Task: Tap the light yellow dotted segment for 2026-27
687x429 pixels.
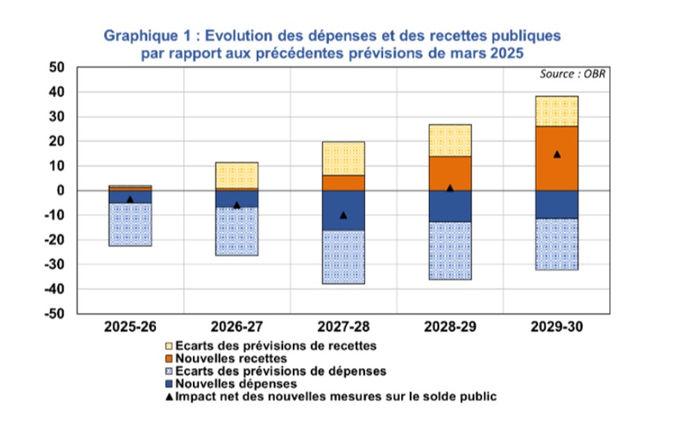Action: pyautogui.click(x=237, y=175)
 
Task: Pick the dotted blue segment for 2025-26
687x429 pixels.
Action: pyautogui.click(x=130, y=224)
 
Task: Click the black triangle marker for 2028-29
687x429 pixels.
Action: pyautogui.click(x=450, y=187)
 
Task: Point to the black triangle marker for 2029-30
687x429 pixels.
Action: pyautogui.click(x=557, y=154)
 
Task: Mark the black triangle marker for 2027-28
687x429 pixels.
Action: pyautogui.click(x=343, y=215)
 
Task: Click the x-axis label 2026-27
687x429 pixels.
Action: pyautogui.click(x=237, y=326)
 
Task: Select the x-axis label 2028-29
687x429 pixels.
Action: pyautogui.click(x=450, y=326)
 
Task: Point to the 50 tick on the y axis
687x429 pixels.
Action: pyautogui.click(x=56, y=67)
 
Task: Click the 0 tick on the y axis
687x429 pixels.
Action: pyautogui.click(x=60, y=190)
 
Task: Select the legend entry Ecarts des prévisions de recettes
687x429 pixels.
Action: pyautogui.click(x=275, y=345)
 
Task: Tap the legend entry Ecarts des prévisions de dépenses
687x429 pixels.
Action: pyautogui.click(x=280, y=371)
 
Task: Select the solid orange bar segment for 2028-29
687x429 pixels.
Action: pyautogui.click(x=450, y=173)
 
